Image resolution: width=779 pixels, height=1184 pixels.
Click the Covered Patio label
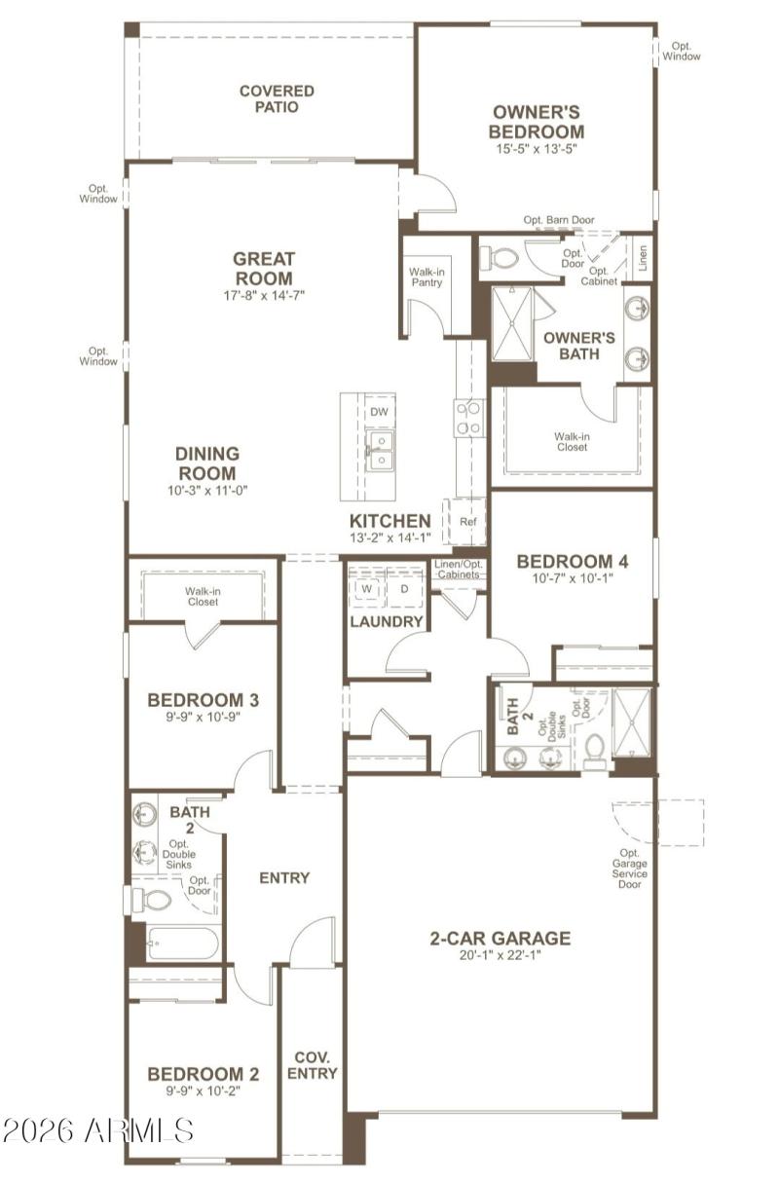(x=277, y=99)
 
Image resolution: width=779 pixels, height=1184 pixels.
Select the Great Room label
(x=263, y=269)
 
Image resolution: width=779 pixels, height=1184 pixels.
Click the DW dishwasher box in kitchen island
(x=380, y=412)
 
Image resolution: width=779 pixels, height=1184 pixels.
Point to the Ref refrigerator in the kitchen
(x=467, y=522)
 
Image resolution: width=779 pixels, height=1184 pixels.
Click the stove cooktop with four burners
(x=468, y=418)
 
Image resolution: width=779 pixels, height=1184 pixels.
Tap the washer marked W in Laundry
(x=368, y=589)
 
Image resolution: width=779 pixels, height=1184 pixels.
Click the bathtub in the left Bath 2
(x=183, y=943)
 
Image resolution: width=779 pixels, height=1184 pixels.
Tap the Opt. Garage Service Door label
(x=629, y=869)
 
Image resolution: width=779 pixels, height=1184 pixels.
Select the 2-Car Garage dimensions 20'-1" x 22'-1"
(x=501, y=956)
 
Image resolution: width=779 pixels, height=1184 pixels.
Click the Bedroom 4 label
(x=572, y=562)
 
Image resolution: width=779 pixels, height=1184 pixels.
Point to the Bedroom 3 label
(x=203, y=700)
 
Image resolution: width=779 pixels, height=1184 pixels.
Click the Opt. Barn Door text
(x=558, y=221)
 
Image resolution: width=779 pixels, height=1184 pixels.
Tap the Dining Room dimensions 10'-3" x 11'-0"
(x=207, y=491)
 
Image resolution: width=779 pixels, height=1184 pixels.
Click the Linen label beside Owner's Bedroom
(x=642, y=257)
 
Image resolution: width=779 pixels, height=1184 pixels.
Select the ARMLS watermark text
(x=97, y=1130)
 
